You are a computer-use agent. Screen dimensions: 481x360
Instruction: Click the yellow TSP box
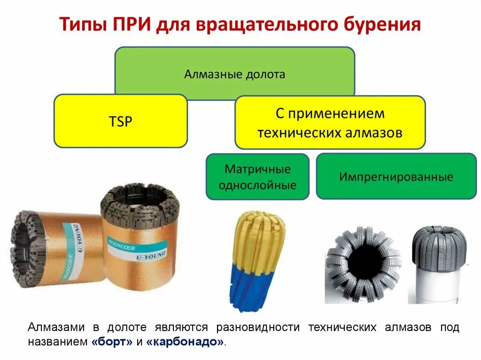coord(121,122)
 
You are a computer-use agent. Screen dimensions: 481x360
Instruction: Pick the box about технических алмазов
coord(330,123)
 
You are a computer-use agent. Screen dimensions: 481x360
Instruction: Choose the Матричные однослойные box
coord(257,176)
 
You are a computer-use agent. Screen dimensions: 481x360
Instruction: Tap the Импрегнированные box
coord(396,176)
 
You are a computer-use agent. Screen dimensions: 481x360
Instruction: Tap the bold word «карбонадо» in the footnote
coord(186,342)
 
